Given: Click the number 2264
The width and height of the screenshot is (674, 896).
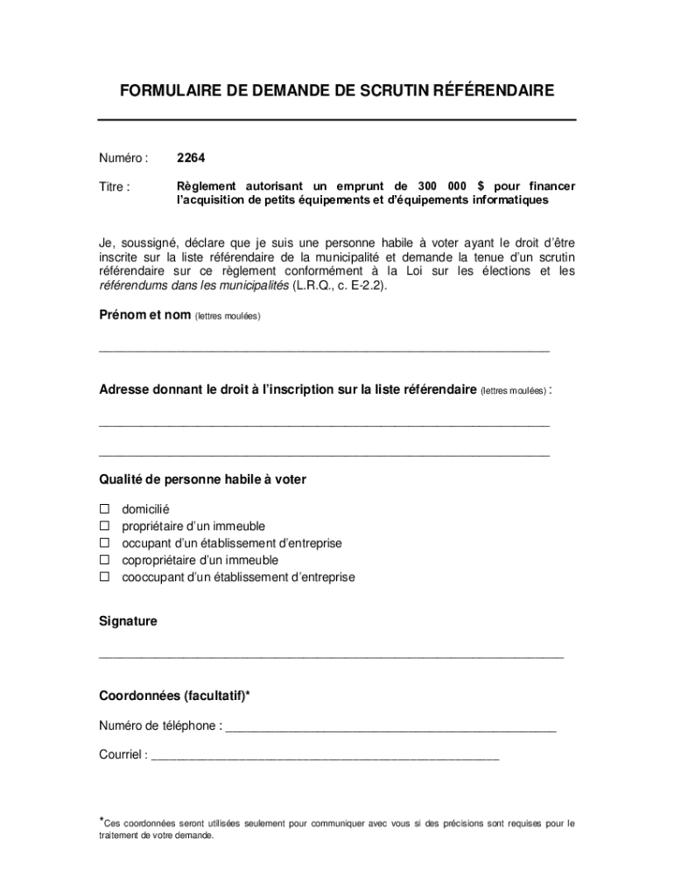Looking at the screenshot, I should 191,158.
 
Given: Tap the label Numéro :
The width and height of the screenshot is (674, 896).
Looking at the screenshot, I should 123,158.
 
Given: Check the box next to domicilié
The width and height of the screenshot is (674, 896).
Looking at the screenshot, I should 104,509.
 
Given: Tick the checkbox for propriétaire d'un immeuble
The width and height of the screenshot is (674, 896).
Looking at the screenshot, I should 104,526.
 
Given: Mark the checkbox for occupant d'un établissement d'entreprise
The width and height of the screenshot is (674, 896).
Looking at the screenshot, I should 104,543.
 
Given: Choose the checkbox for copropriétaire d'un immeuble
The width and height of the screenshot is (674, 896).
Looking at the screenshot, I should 104,560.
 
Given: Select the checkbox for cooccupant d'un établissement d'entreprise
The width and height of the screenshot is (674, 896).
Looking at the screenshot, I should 104,577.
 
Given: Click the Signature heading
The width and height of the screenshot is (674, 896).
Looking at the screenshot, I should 128,621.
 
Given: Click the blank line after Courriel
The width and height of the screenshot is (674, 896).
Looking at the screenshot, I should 325,758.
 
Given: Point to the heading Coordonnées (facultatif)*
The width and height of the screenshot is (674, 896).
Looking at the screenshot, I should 174,696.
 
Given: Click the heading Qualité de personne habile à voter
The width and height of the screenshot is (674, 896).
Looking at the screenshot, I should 202,480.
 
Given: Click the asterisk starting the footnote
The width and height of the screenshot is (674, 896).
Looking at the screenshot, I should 101,820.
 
